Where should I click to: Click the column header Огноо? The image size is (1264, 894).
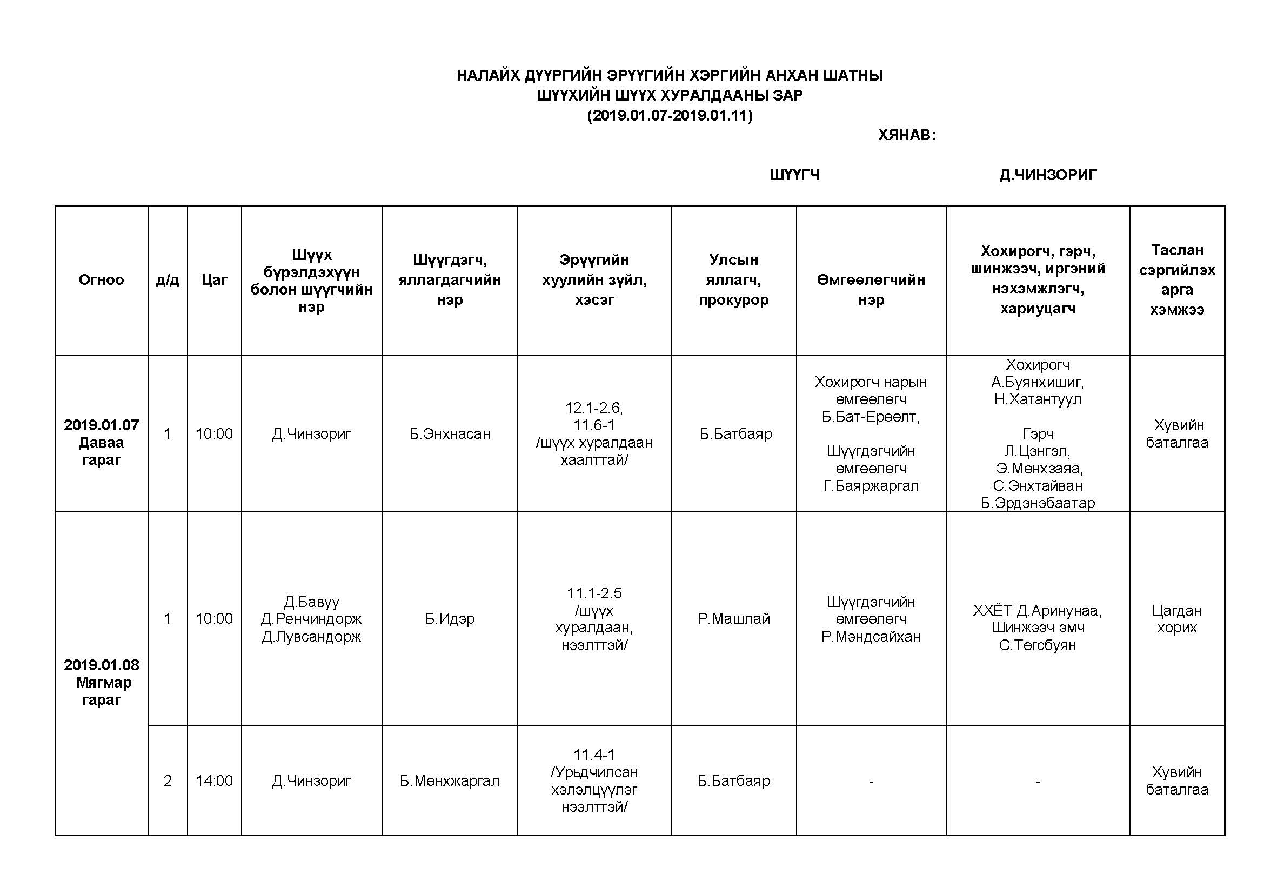point(101,280)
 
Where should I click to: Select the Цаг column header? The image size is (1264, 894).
point(214,280)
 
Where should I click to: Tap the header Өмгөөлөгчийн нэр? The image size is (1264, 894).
point(871,290)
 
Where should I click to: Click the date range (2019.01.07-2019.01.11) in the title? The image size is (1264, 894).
point(670,116)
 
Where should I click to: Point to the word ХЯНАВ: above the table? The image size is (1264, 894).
point(907,135)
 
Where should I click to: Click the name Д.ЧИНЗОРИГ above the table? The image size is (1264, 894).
point(1048,175)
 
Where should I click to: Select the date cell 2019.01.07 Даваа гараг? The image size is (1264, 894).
point(101,442)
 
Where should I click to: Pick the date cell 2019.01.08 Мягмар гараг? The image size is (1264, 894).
point(101,682)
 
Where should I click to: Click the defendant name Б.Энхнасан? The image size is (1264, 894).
point(450,434)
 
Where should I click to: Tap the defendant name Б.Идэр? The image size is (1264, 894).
point(450,619)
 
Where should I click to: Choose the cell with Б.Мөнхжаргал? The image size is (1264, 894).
point(450,780)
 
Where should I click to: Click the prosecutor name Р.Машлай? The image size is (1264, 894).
point(733,619)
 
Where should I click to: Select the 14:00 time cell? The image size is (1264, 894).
point(214,780)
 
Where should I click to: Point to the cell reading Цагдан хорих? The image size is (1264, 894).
point(1176,619)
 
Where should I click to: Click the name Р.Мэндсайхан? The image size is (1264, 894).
point(871,636)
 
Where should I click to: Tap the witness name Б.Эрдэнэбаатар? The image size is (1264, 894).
point(1038,503)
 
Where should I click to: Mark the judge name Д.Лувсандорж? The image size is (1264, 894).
point(312,636)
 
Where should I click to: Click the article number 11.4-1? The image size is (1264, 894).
point(594,755)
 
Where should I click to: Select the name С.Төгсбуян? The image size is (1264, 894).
point(1038,645)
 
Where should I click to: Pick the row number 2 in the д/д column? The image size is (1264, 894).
point(168,780)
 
